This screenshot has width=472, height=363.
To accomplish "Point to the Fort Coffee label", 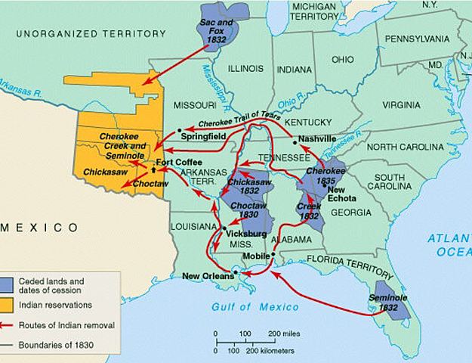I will pos(179,163).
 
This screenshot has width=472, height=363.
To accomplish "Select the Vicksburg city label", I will pos(246,234).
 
